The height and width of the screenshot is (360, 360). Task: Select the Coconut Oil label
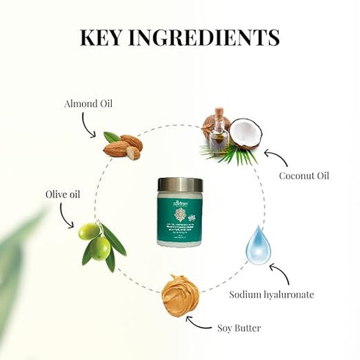click(x=303, y=176)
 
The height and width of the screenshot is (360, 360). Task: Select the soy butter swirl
click(x=180, y=295)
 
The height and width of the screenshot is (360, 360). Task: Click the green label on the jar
click(x=179, y=218)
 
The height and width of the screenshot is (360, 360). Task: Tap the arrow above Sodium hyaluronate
click(x=282, y=273)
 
